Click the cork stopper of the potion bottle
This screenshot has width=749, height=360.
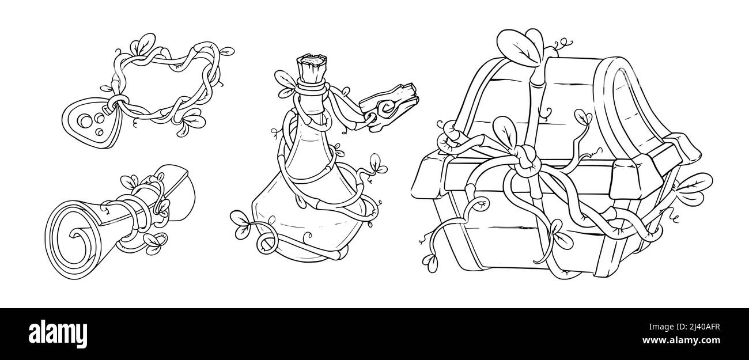point(311,69)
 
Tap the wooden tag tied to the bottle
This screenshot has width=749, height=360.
point(389,106)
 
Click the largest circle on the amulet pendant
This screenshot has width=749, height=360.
point(84,119)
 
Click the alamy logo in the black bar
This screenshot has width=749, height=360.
point(58,334)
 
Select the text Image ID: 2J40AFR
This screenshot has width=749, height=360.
point(684,327)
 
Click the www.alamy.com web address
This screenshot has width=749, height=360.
point(681,340)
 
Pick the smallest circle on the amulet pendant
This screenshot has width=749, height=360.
point(99,132)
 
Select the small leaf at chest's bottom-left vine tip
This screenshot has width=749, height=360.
point(432,263)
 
